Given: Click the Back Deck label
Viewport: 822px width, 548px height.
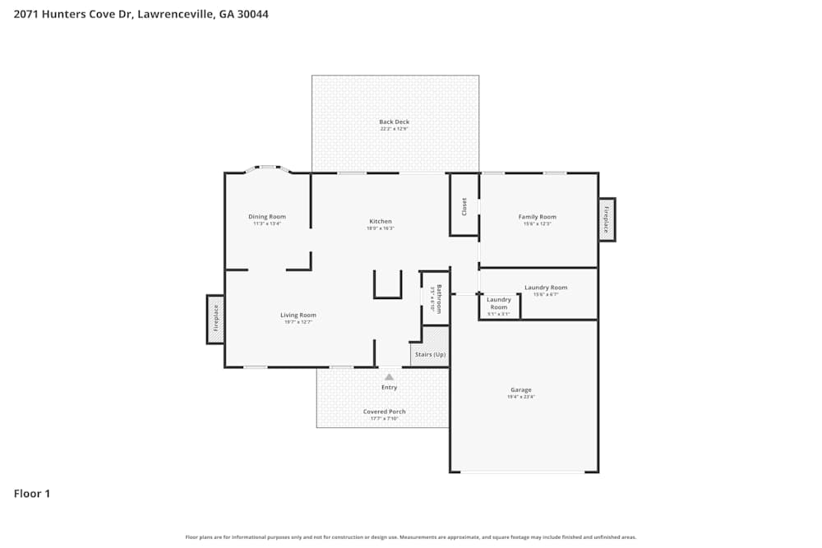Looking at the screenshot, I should point(395,122).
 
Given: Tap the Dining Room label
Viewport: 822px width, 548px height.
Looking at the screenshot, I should point(267,217).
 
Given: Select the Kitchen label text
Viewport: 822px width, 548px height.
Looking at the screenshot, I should point(380,221).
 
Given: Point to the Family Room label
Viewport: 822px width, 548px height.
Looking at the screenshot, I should point(538,217).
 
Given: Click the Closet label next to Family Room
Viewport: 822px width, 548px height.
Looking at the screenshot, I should point(464,206).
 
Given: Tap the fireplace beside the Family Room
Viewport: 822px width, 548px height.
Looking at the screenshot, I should point(607,219).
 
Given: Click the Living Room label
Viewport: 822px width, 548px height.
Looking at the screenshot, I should point(298,315).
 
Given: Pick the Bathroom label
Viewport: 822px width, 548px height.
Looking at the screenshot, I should point(439,298).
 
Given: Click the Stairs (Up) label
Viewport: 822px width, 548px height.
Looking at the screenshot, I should point(430,354).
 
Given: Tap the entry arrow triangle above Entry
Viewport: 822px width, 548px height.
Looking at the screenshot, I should point(389,377).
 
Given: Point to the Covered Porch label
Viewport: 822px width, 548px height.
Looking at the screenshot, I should point(384,412).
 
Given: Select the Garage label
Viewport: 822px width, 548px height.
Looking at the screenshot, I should point(521,389).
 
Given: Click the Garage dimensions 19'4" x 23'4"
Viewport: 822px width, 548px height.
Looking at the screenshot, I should point(521,397).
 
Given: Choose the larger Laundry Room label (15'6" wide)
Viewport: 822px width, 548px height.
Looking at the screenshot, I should point(546,288).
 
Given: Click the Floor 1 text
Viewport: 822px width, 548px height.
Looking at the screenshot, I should point(32,494).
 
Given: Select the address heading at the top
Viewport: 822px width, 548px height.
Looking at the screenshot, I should point(141,14).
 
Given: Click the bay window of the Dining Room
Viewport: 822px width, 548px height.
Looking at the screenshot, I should point(268,168).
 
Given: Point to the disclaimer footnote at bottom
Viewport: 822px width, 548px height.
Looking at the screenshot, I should point(411,536).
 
